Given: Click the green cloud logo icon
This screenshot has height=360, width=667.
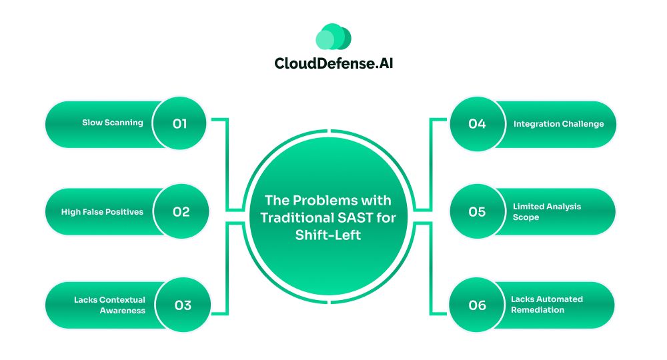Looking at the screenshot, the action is [x=333, y=36].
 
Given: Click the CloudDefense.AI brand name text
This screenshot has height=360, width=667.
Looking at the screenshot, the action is [x=333, y=63].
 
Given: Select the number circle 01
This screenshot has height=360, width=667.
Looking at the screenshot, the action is [x=179, y=124].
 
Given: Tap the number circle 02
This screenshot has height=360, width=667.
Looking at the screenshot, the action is [x=181, y=211].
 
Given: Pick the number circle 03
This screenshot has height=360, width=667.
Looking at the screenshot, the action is [x=183, y=305].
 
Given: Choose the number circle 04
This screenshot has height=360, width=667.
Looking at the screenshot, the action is [x=478, y=124].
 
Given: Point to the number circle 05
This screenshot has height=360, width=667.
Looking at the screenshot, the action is [x=478, y=211].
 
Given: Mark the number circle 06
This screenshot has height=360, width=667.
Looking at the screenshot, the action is [x=478, y=305].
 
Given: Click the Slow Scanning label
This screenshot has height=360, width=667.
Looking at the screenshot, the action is [x=113, y=123].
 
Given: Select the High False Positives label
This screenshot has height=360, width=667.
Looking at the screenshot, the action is [x=102, y=211].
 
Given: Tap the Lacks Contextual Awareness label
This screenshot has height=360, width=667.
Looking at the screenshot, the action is [x=110, y=305].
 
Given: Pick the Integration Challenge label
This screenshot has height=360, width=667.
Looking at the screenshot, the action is [x=558, y=124].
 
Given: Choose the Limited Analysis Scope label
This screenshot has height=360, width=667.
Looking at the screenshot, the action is [x=547, y=211].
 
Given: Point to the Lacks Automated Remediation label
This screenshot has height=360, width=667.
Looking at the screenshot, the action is [x=547, y=304].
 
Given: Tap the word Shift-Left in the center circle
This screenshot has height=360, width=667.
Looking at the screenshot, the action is [x=328, y=235].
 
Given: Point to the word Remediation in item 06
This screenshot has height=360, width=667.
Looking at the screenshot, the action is [x=538, y=310].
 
